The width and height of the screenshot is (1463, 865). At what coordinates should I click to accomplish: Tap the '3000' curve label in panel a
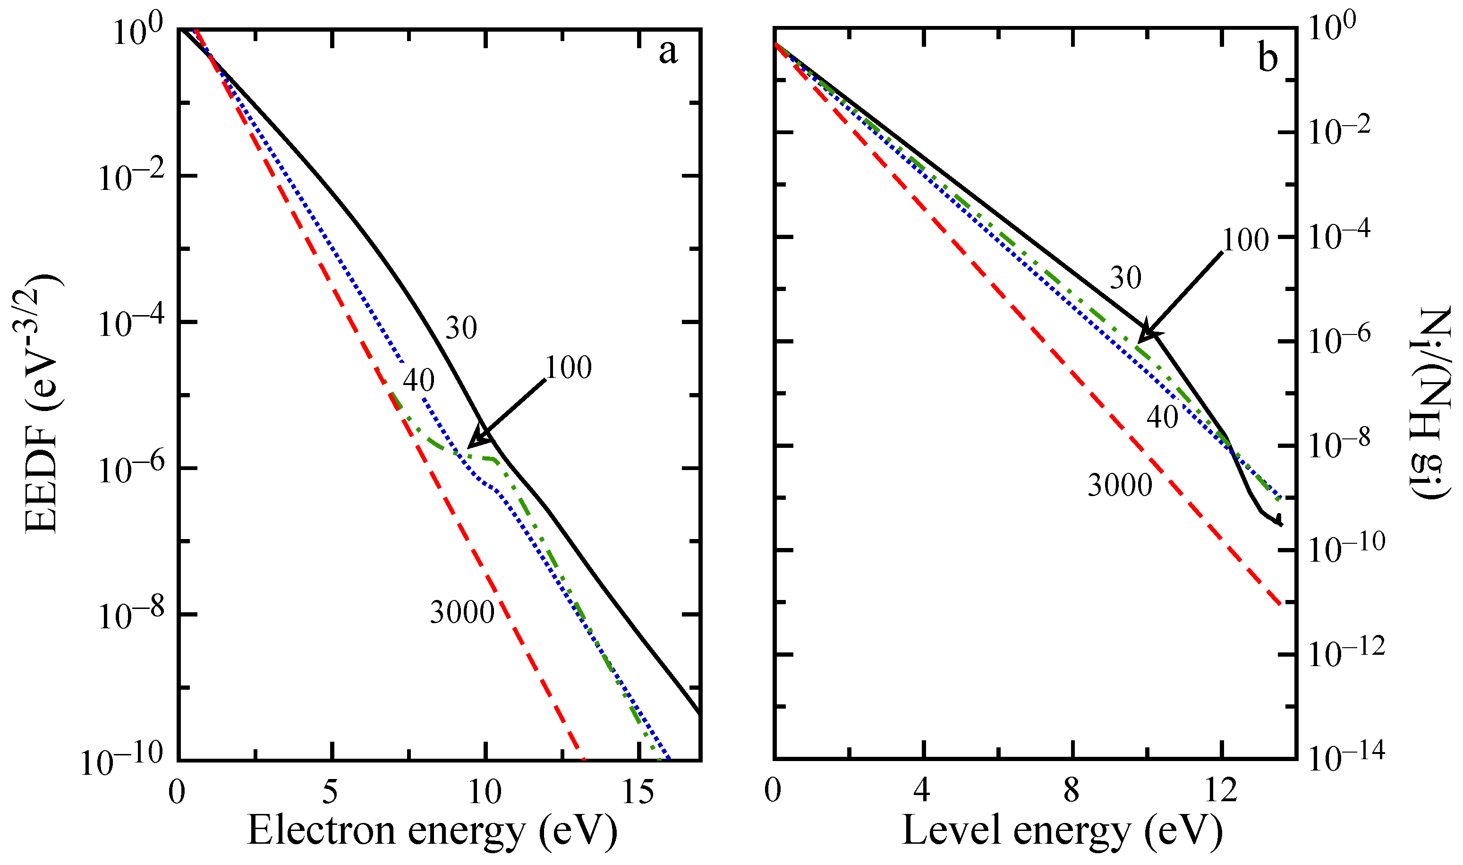pos(462,613)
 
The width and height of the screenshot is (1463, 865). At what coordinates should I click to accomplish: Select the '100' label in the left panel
pos(568,368)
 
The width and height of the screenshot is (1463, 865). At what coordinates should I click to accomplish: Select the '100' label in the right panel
pos(1245,240)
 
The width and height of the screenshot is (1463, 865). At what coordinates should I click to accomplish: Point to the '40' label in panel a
pos(418,381)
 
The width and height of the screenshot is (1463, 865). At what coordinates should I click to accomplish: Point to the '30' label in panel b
pos(1125,278)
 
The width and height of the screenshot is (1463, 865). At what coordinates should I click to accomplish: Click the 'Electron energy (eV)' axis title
pos(432,830)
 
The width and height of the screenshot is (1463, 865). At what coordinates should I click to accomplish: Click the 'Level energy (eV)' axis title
pos(1062,830)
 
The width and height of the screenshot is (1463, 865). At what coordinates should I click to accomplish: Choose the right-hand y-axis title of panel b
pos(1430,402)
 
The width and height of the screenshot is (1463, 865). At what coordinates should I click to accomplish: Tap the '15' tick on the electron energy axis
pos(638,793)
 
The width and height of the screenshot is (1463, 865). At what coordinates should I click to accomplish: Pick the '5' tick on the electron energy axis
pos(331,793)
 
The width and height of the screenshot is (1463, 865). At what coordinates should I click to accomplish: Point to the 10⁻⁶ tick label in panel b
pos(1339,341)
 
